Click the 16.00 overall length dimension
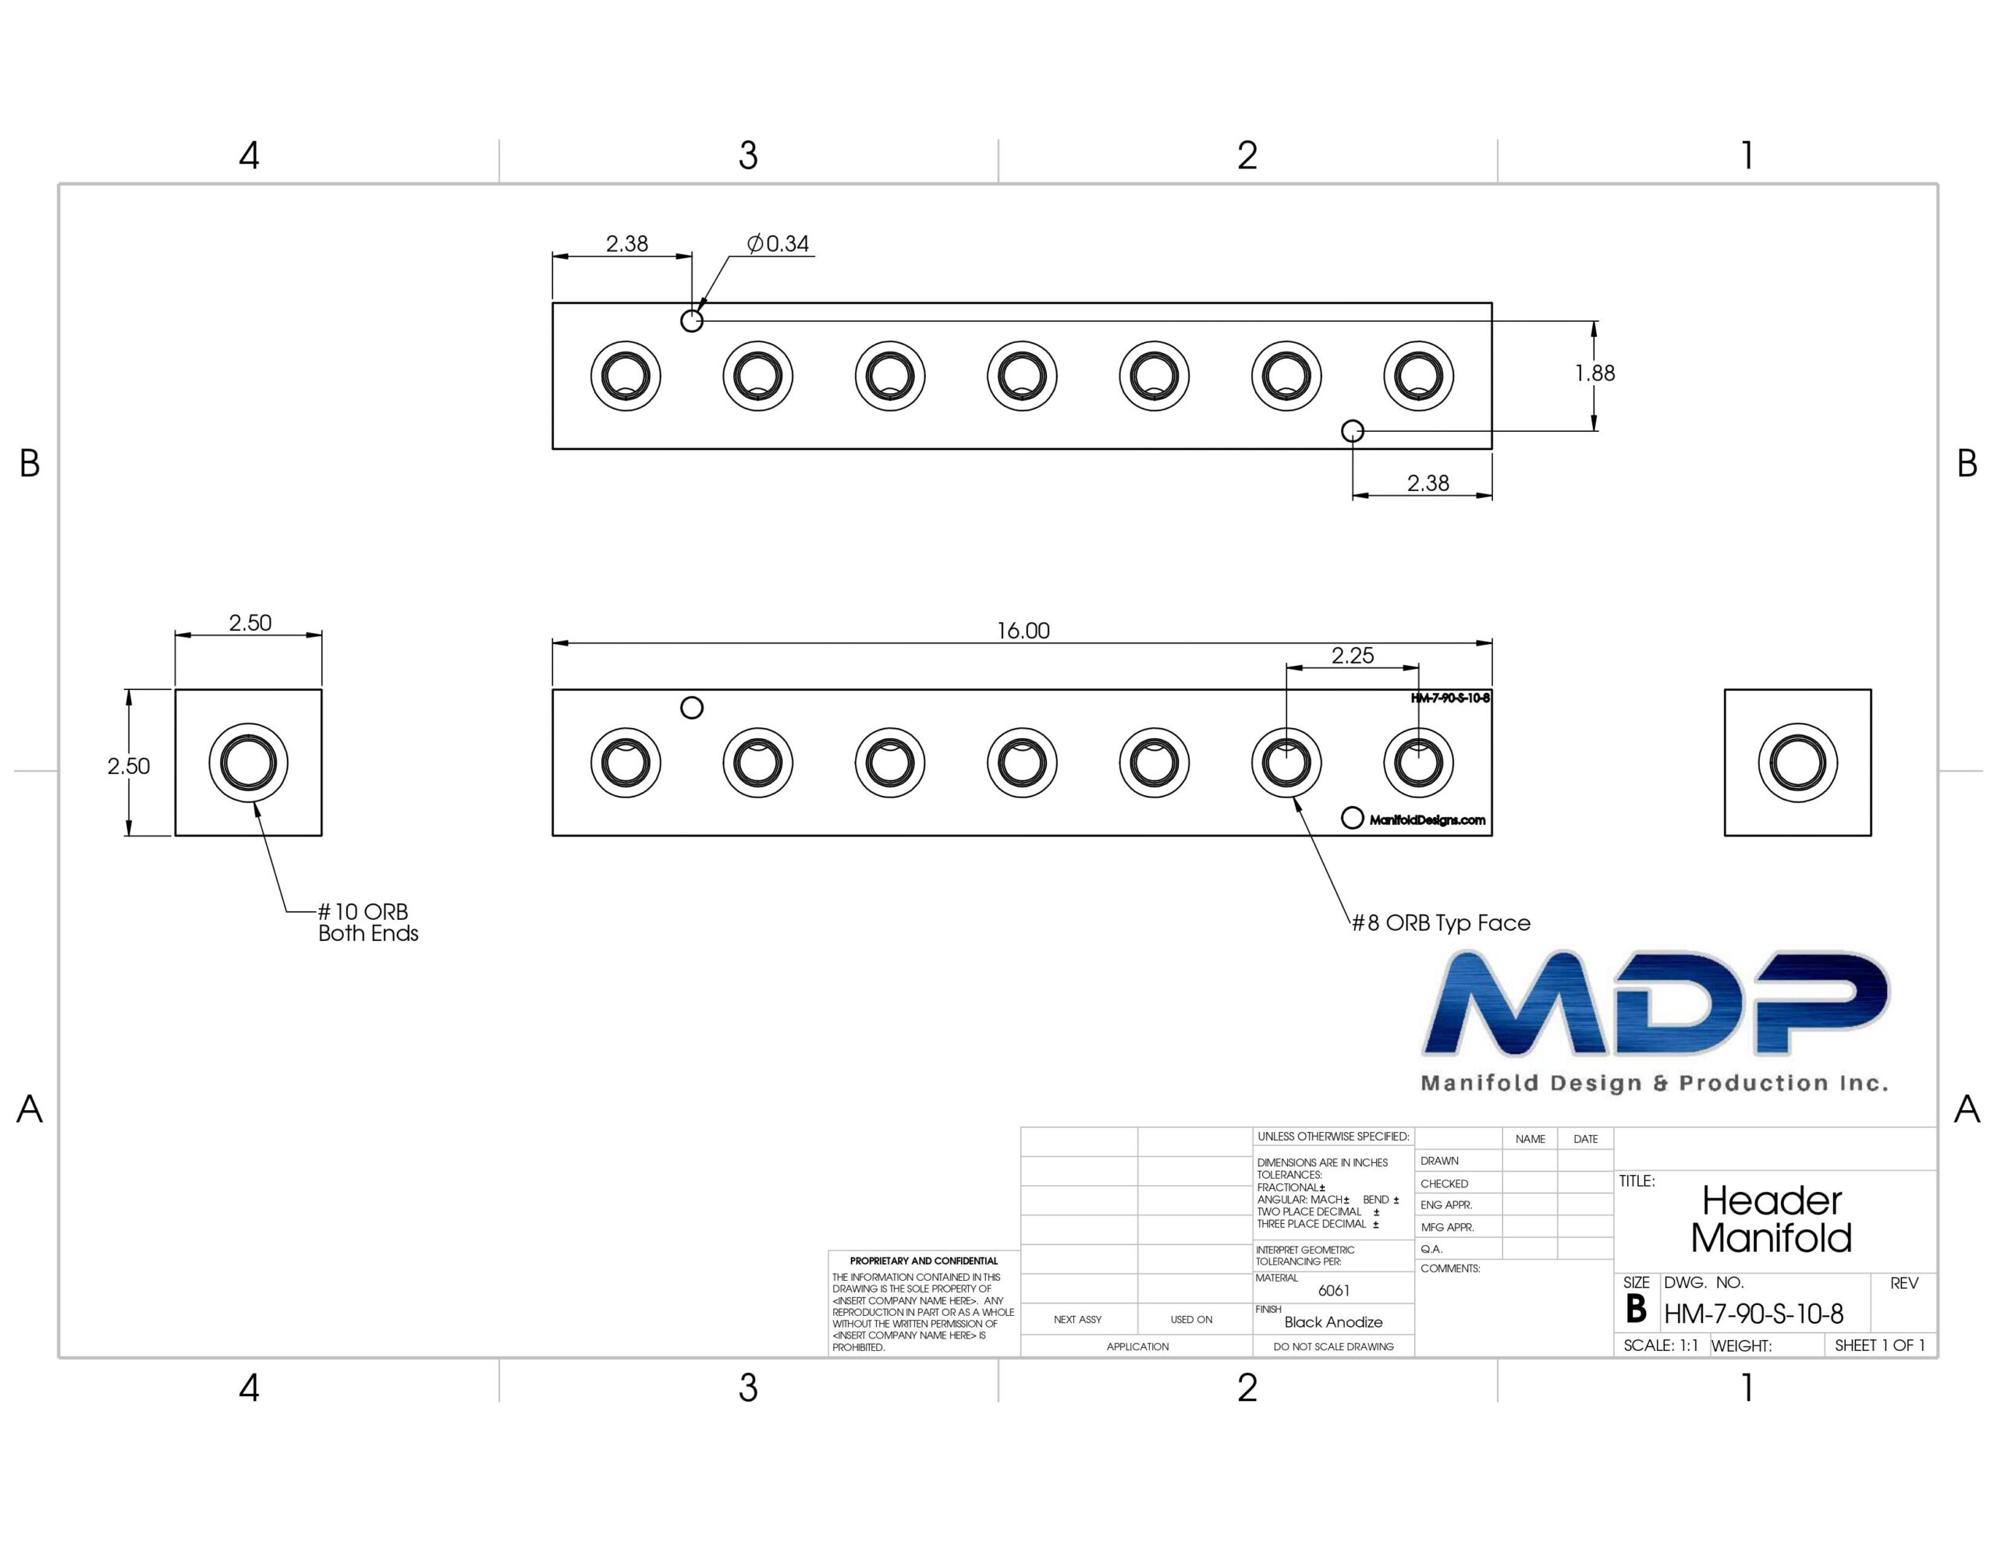[1022, 631]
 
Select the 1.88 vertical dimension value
[1594, 373]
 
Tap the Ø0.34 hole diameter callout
[779, 244]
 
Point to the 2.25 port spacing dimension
[1353, 656]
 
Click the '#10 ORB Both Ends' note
[367, 922]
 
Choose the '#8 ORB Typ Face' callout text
[1441, 923]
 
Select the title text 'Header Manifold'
[1771, 1219]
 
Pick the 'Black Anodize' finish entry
[1333, 1321]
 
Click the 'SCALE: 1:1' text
[1661, 1346]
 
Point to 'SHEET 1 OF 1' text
[1880, 1346]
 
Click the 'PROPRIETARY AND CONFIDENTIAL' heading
[924, 1261]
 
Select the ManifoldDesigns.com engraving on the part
[1428, 820]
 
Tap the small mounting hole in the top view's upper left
[692, 321]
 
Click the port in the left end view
[249, 762]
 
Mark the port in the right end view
[1797, 762]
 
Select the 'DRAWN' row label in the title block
[1439, 1161]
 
